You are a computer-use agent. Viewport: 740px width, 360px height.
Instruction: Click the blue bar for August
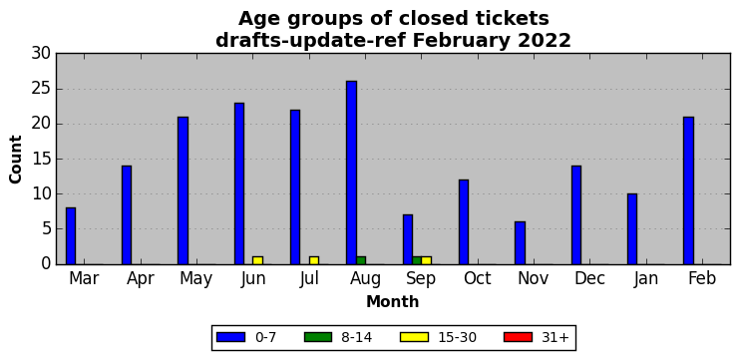[352, 173]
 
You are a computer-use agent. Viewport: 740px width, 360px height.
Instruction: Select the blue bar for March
[71, 236]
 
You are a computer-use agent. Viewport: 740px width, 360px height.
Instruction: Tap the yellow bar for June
[257, 260]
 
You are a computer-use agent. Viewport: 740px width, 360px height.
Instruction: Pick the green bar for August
[361, 260]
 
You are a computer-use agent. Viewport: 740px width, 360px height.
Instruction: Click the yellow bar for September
[426, 260]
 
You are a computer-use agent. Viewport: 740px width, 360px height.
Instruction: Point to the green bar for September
[417, 260]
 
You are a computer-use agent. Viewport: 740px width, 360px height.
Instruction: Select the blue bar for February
[688, 190]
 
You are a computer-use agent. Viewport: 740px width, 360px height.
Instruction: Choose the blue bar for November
[520, 243]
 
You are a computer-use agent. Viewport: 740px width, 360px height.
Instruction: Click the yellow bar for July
[314, 260]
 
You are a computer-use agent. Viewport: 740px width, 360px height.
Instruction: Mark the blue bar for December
[576, 215]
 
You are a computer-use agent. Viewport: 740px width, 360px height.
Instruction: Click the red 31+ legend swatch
[519, 337]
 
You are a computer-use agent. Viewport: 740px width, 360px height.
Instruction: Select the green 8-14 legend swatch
[318, 337]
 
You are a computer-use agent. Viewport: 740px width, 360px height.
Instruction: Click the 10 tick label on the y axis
[41, 193]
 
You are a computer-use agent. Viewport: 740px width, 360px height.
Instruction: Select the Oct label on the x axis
[477, 278]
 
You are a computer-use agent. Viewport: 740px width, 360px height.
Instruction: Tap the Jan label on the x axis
[645, 278]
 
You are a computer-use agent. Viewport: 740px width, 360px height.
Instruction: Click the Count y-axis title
[16, 159]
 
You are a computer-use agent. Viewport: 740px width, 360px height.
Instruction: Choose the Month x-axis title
[393, 301]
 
